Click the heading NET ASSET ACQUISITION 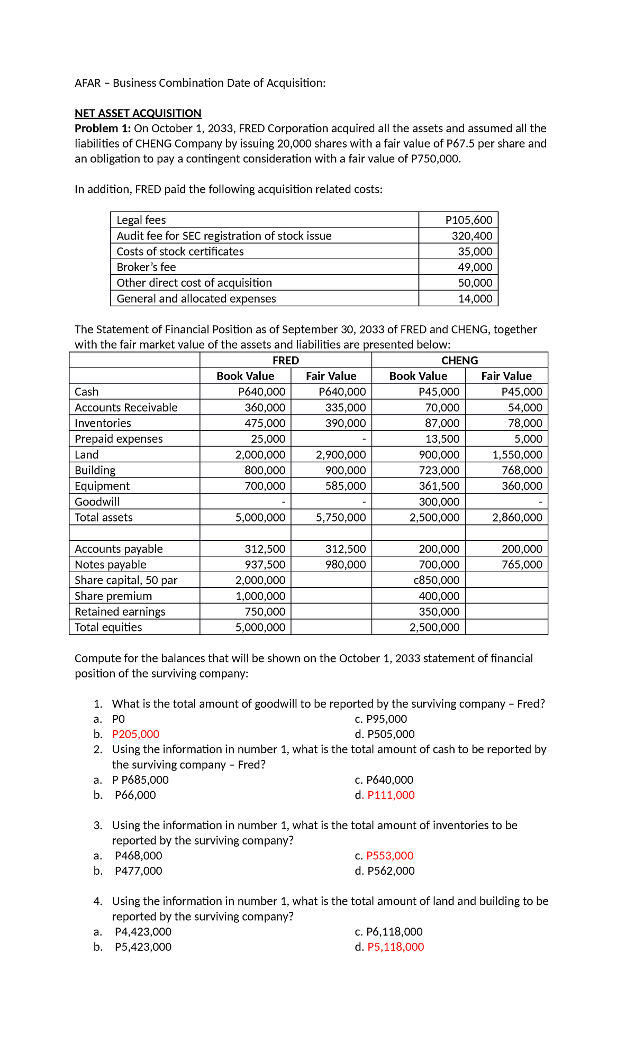pos(138,113)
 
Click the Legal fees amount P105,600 pos(468,220)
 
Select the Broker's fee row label pos(146,267)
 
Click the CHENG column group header pos(459,361)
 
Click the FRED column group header pos(285,361)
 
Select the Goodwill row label pos(97,502)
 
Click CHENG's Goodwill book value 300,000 pos(439,502)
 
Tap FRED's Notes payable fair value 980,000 pos(345,565)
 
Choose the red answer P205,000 pos(135,734)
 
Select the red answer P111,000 pos(391,795)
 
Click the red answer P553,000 pos(389,856)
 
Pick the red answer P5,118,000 pos(395,947)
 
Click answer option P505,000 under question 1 pos(391,734)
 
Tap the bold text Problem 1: pos(103,129)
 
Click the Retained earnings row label pos(120,612)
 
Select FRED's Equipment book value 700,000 pos(265,486)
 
